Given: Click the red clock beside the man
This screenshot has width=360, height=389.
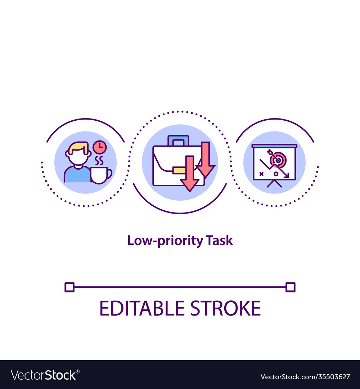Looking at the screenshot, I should (99, 147).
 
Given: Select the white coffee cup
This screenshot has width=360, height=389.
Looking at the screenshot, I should (100, 175).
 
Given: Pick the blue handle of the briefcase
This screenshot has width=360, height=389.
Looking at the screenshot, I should (178, 139).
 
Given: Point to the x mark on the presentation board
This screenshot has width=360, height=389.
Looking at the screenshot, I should (261, 174).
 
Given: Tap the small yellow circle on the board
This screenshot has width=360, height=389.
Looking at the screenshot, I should (276, 174).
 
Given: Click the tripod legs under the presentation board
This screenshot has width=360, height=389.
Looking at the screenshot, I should (274, 184).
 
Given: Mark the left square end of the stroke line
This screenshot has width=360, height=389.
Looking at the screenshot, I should (69, 287).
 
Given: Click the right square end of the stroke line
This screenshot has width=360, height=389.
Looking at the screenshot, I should (290, 287).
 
